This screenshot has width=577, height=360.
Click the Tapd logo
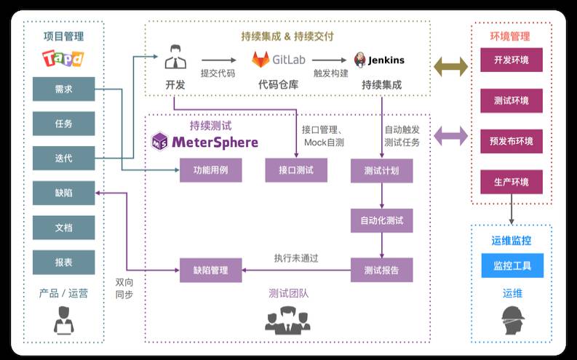click(x=63, y=57)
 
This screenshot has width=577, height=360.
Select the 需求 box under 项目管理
click(x=63, y=89)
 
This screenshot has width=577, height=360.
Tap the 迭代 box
click(x=63, y=158)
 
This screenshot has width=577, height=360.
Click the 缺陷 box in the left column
click(x=63, y=193)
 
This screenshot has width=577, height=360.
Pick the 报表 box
click(x=63, y=262)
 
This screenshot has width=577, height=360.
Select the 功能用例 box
click(x=211, y=170)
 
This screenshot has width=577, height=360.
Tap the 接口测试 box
click(x=296, y=170)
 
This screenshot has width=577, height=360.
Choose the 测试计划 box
click(x=381, y=170)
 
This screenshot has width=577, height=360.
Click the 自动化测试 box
click(x=381, y=220)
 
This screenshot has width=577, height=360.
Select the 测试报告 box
click(x=381, y=270)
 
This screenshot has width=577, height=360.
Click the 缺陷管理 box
click(x=211, y=270)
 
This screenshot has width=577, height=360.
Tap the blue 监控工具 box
click(x=512, y=265)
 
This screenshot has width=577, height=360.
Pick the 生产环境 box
click(x=512, y=182)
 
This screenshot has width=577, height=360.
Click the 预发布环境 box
click(x=512, y=141)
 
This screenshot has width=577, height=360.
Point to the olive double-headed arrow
click(x=451, y=67)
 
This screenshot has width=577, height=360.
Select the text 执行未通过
click(x=296, y=257)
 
